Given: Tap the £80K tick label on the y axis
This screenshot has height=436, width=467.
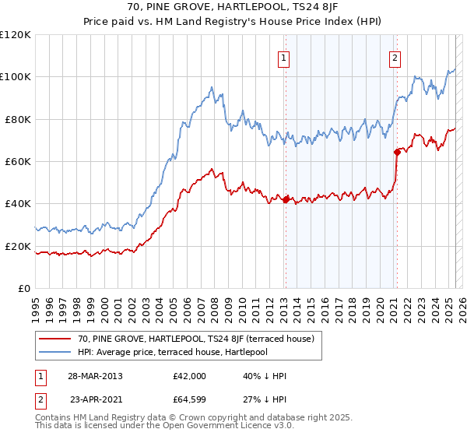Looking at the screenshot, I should tap(15, 119).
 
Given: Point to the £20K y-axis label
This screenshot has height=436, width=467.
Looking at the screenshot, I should tap(15, 246).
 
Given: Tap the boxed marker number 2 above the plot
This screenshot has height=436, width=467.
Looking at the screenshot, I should tap(395, 58).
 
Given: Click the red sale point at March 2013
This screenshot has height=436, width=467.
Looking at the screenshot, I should tap(286, 199).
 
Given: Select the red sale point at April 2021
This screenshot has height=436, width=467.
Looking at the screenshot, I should tap(397, 152).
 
